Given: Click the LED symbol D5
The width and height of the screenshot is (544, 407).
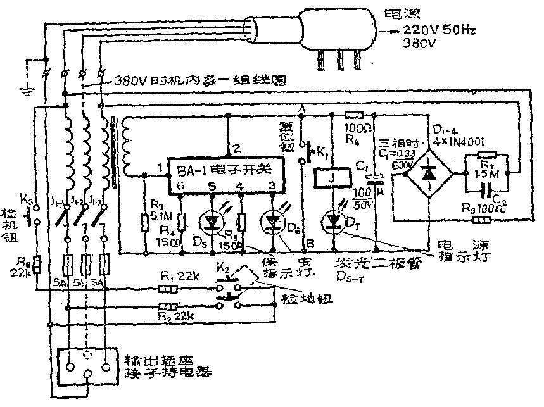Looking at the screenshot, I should click(x=211, y=221).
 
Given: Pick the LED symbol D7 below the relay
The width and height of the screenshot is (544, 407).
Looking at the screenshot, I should click(x=334, y=220).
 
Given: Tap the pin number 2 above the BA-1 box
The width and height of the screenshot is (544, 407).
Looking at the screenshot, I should click(x=236, y=149).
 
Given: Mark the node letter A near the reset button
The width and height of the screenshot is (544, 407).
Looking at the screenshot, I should click(x=302, y=110).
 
